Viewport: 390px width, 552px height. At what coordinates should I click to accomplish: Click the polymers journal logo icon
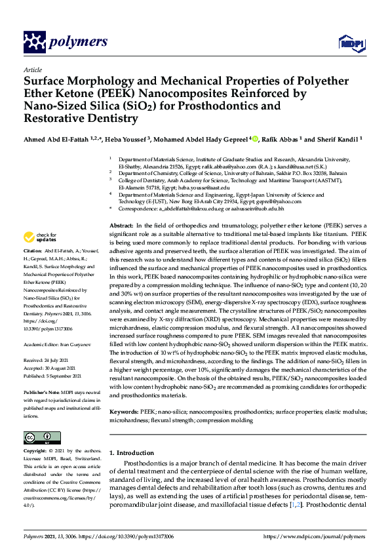click(x=33, y=42)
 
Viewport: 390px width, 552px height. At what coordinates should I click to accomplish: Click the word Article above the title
click(x=32, y=69)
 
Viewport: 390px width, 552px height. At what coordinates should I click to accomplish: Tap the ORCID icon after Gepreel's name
click(x=254, y=138)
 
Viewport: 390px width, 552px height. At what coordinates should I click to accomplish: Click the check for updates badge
click(x=39, y=237)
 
